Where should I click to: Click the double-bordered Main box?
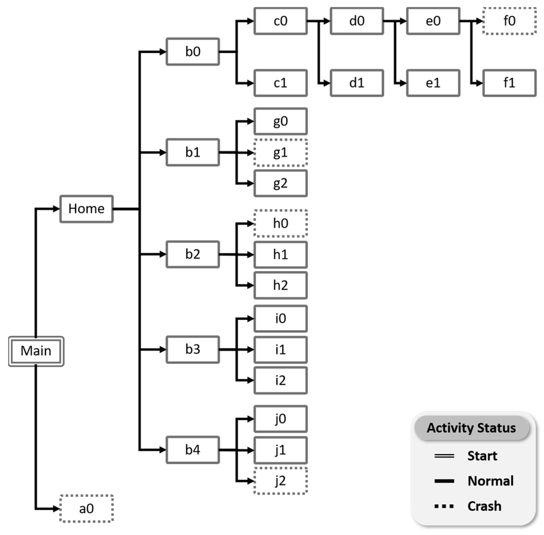(x=36, y=351)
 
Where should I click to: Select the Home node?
(x=86, y=209)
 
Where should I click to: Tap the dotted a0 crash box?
(x=86, y=509)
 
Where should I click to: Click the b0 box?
(x=193, y=52)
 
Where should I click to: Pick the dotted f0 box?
(x=509, y=21)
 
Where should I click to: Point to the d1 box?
(x=357, y=83)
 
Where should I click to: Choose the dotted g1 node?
(x=280, y=153)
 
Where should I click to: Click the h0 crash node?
(x=280, y=224)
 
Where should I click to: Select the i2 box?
(x=280, y=380)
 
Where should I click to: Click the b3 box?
(x=193, y=350)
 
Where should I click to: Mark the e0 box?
(x=433, y=21)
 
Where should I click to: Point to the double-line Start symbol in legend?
(x=444, y=456)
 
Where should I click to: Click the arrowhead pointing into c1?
(x=250, y=83)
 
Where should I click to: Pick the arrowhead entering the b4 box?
(x=163, y=450)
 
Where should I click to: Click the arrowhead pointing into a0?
(x=56, y=509)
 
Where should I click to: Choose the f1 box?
(x=509, y=83)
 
